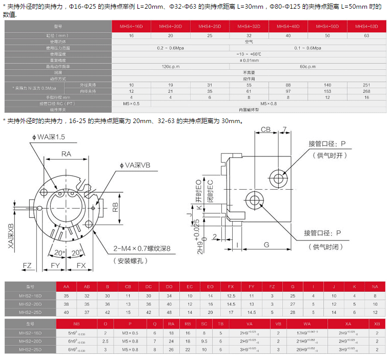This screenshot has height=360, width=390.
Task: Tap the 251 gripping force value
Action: (366, 85)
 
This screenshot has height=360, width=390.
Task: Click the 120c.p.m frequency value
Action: (171, 67)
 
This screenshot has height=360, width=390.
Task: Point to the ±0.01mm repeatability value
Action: (249, 61)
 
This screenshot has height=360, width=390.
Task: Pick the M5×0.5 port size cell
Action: (132, 104)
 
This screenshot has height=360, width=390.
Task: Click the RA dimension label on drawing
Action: (66, 154)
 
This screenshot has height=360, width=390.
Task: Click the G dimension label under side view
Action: (266, 245)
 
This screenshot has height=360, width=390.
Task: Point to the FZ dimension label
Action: (28, 265)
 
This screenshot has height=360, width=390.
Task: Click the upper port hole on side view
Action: (279, 178)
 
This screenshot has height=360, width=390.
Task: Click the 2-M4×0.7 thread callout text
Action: (141, 250)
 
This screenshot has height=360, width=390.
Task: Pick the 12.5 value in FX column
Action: (231, 296)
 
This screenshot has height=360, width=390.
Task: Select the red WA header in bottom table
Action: (307, 324)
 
